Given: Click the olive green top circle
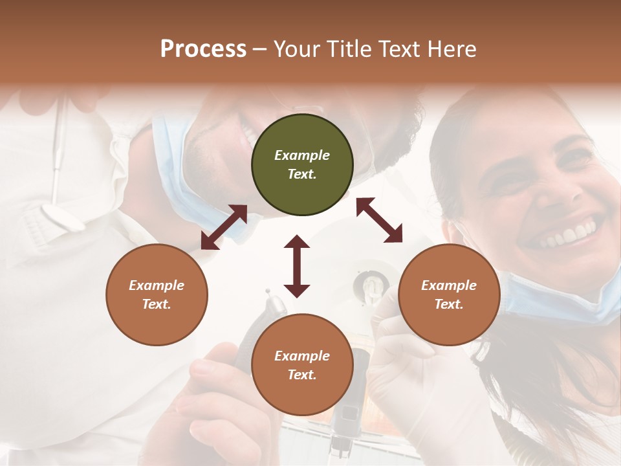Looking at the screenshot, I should [302, 165].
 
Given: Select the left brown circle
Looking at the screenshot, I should [157, 294].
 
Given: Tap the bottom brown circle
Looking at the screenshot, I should [302, 365].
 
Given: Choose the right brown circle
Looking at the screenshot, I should [449, 294].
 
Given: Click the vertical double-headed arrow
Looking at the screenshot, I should [297, 266].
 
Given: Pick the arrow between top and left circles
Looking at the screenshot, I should [224, 227].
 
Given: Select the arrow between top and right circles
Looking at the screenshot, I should [379, 221].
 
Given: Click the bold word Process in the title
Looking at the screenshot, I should [203, 49].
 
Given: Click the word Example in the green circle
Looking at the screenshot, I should [302, 155].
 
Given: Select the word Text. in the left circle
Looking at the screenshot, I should [157, 304].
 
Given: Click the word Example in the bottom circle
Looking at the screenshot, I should [302, 356].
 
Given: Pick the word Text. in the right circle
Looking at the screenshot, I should [449, 304].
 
